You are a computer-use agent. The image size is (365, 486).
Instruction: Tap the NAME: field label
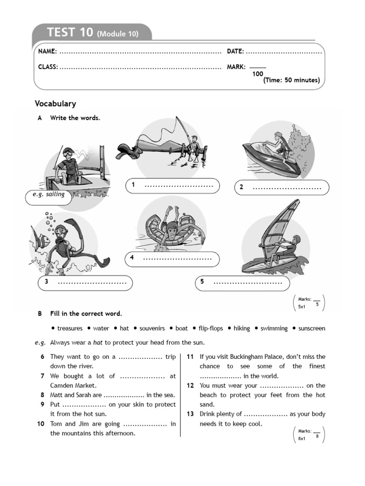[x=48, y=51]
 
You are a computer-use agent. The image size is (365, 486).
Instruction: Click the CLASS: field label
[x=48, y=67]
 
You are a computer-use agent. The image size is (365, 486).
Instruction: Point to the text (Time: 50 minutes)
[x=291, y=80]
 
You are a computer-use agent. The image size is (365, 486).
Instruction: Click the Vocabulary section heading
[x=55, y=103]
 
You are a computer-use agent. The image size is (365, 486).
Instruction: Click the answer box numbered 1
[x=173, y=186]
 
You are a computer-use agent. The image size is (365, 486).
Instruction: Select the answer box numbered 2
[x=281, y=187]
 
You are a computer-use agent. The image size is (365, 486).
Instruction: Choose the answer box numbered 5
[x=242, y=282]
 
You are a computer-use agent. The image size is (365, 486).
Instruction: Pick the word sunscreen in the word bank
[x=312, y=328]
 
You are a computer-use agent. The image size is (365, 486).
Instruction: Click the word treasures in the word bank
[x=70, y=328]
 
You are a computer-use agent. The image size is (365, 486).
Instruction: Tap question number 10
[x=40, y=424]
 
